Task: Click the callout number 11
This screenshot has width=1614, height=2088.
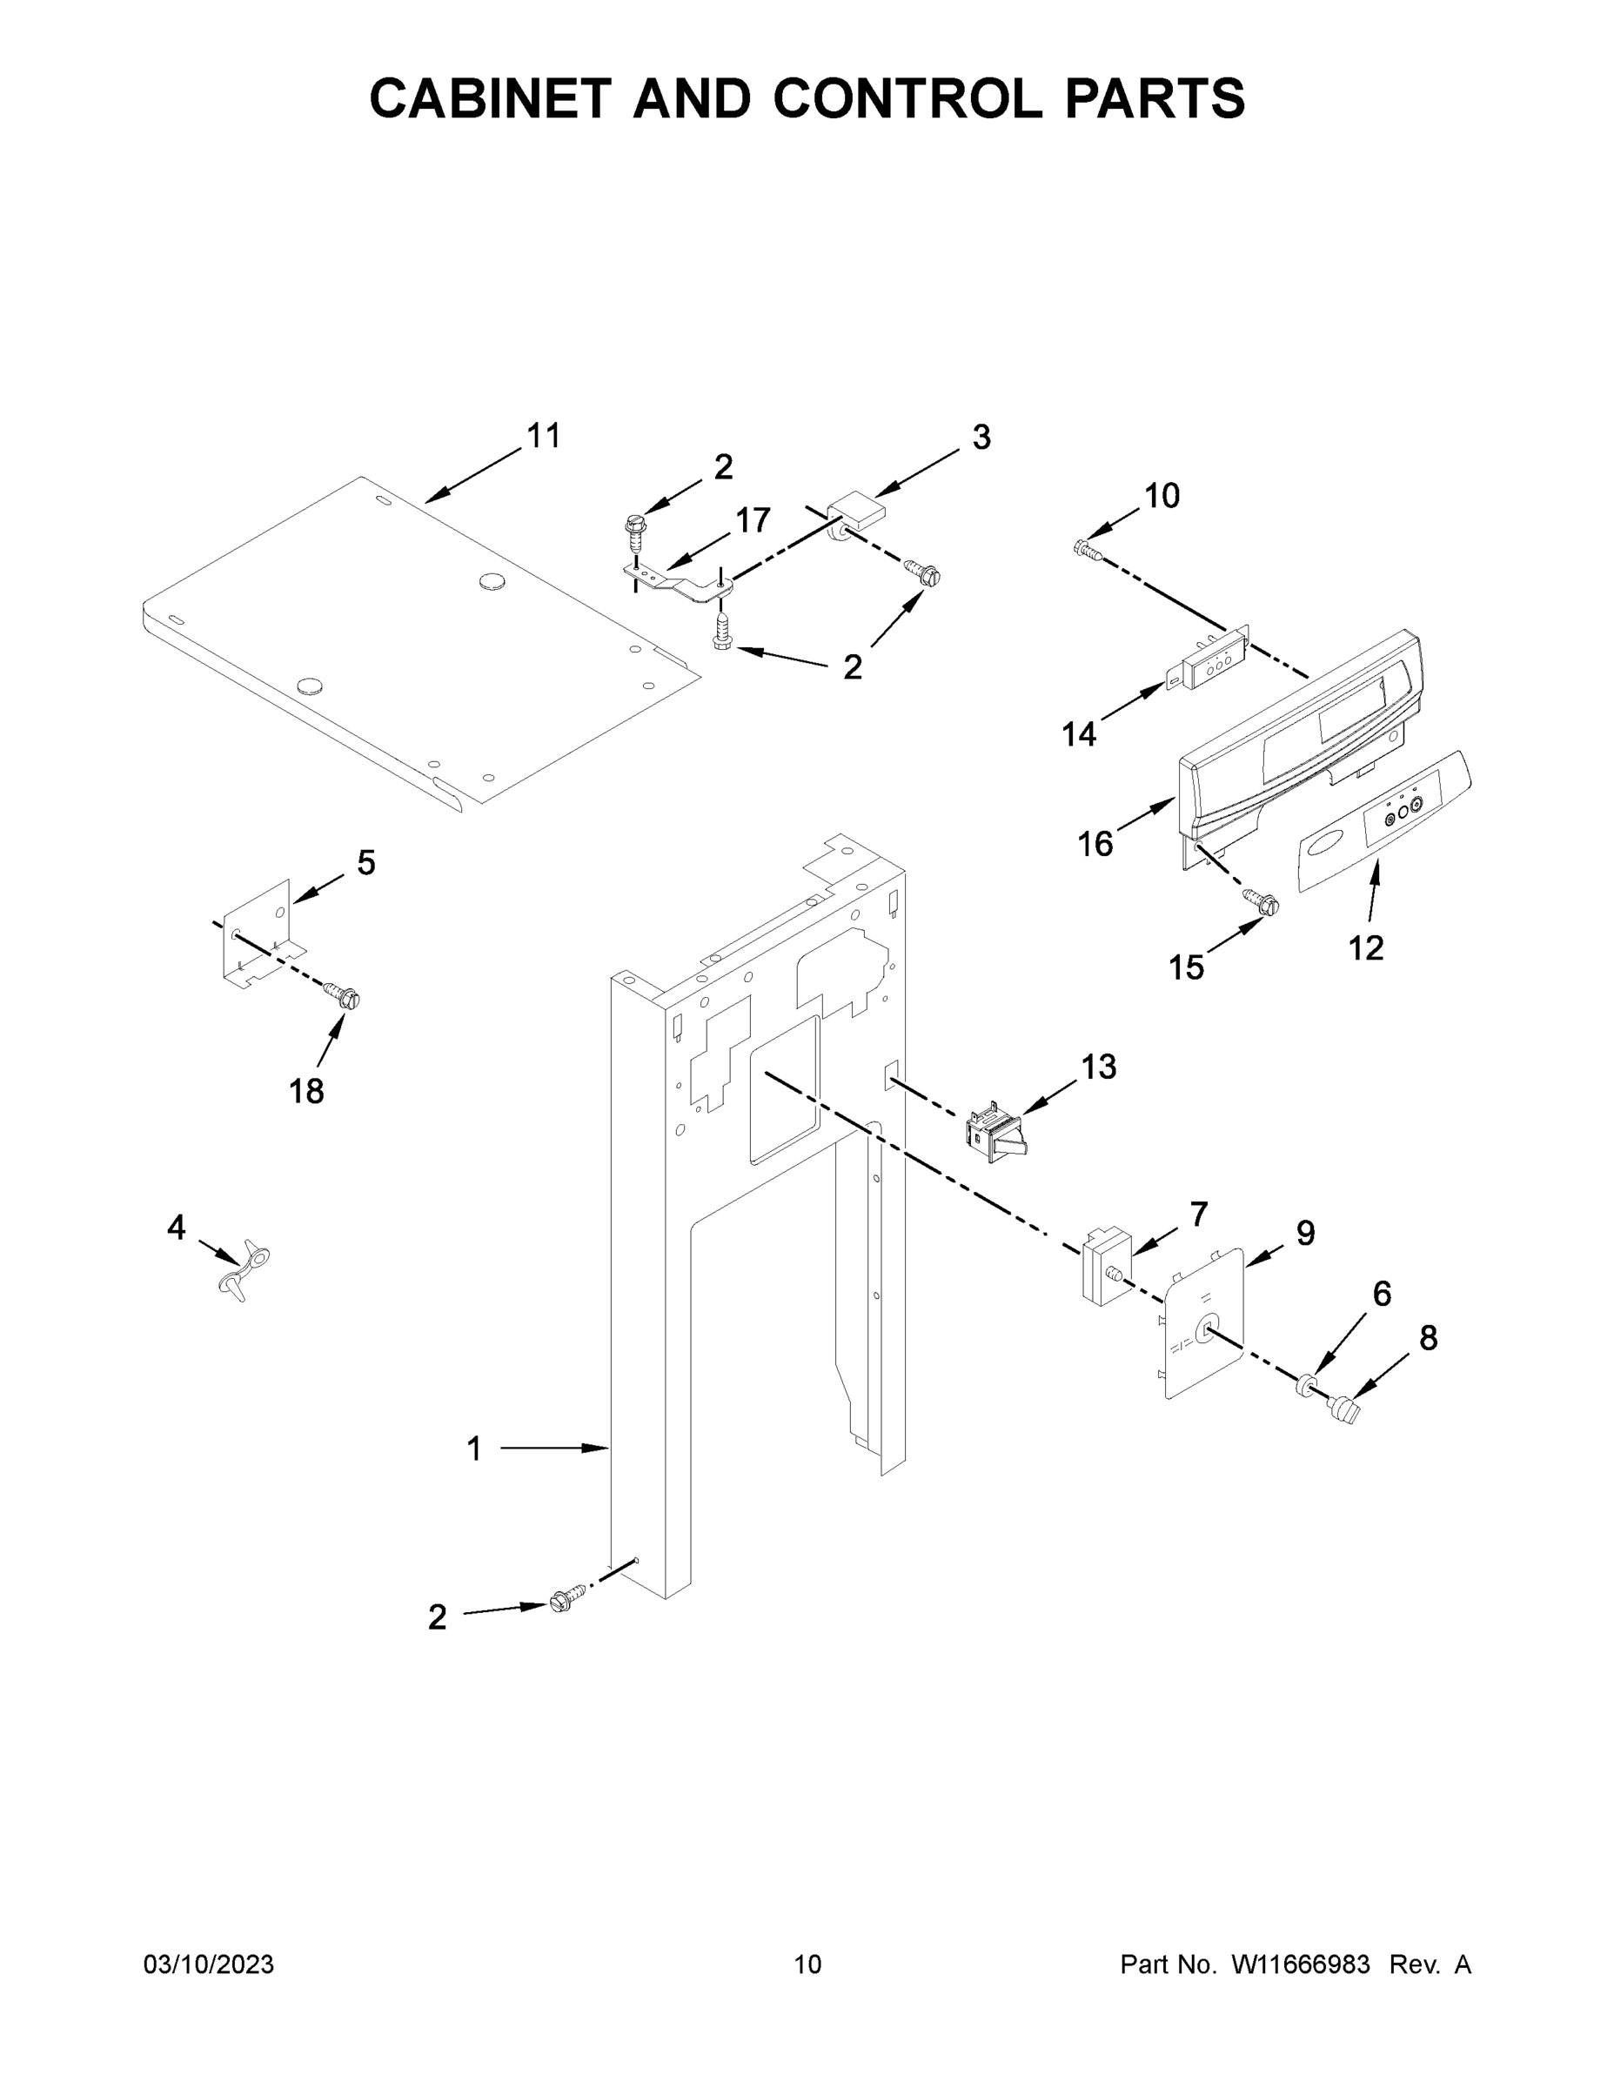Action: click(544, 436)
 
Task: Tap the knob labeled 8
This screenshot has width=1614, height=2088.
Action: click(1345, 1409)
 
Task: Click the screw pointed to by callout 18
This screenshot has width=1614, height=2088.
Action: click(344, 997)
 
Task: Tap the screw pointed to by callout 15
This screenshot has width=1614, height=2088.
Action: click(1260, 900)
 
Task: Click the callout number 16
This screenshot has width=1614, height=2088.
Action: click(1095, 844)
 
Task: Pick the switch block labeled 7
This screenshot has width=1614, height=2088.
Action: click(1104, 1267)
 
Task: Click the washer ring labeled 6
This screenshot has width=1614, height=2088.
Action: click(1303, 1385)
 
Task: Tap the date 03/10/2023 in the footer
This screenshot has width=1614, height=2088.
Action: click(209, 1964)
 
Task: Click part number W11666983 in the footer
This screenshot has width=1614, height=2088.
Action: click(1301, 1964)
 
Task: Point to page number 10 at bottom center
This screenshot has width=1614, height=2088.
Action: click(808, 1964)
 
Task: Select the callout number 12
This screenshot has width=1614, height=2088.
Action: click(1365, 947)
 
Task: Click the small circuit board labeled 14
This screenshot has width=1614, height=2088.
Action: click(1212, 660)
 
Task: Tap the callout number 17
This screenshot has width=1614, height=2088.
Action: click(753, 520)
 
